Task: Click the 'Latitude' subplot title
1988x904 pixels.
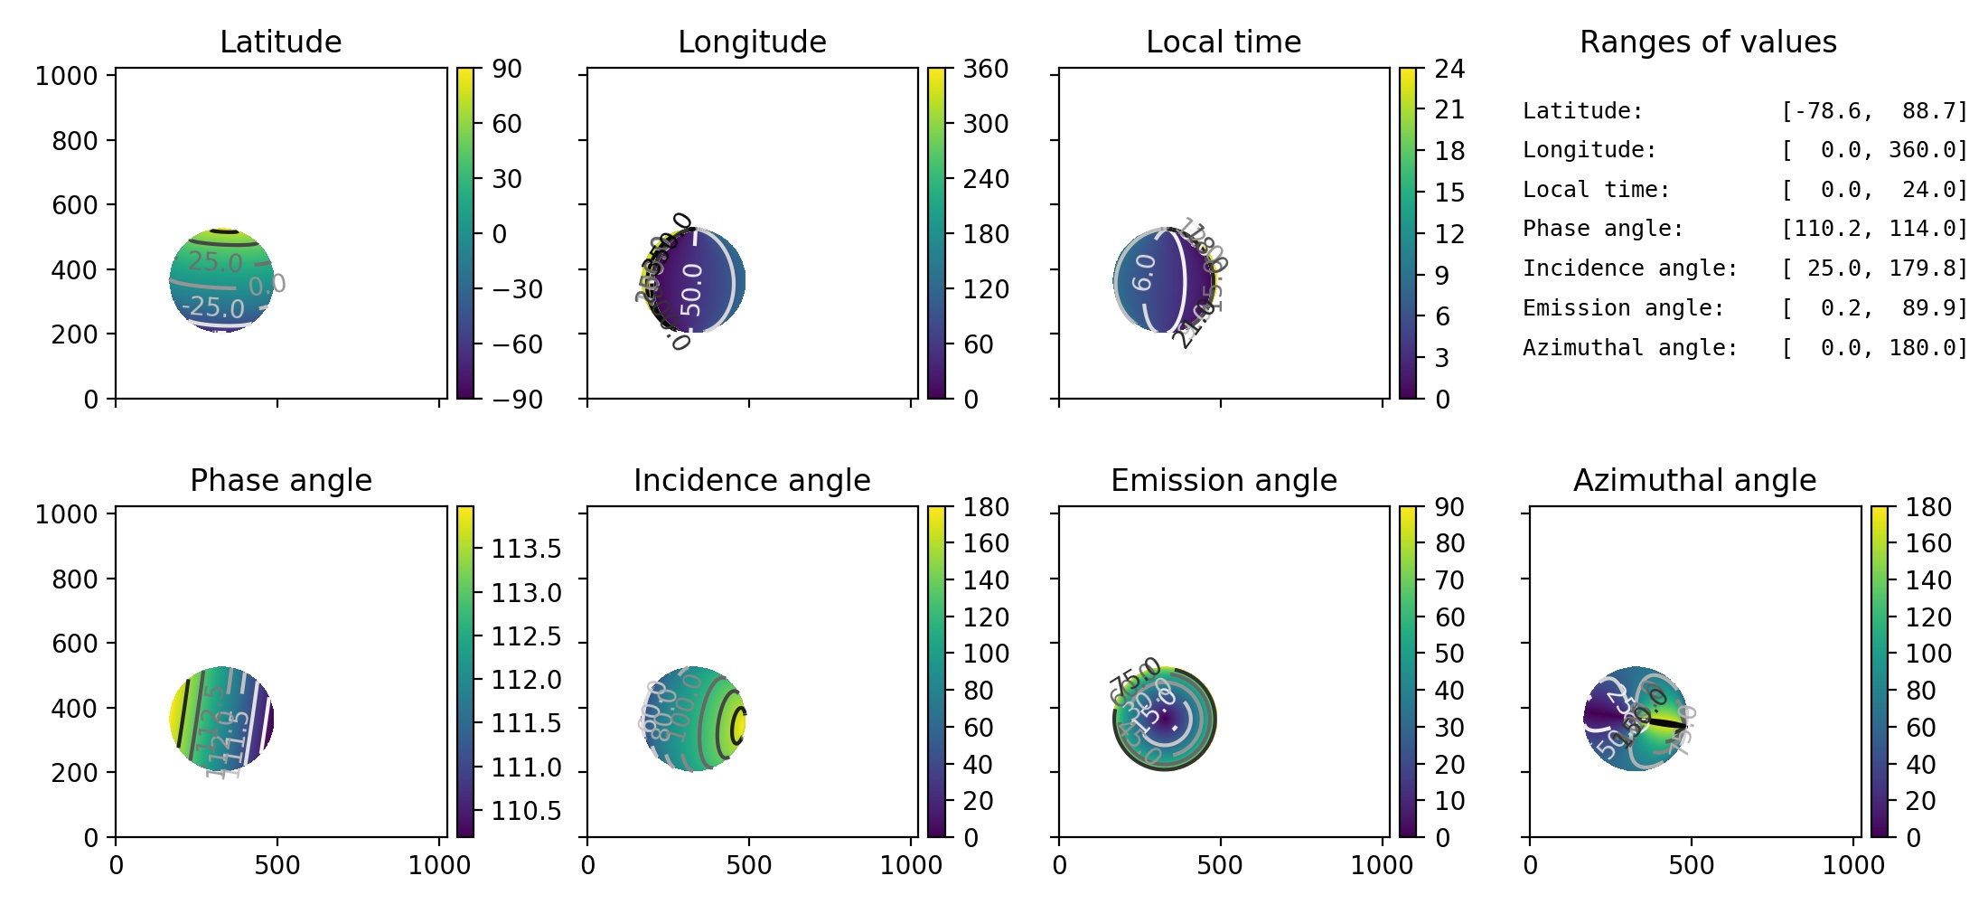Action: [280, 42]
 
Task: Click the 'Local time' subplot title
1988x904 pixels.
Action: [1223, 42]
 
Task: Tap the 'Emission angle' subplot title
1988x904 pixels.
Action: [1223, 480]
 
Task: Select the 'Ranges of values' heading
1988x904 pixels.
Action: [1707, 42]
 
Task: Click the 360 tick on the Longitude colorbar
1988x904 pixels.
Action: [985, 69]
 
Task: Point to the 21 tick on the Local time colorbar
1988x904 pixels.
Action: [1449, 109]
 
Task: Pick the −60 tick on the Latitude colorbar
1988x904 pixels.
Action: [517, 344]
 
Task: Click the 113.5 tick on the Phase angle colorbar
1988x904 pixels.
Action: [526, 549]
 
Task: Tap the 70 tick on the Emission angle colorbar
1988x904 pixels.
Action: [1449, 580]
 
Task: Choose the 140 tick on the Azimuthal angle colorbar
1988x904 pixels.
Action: [1928, 580]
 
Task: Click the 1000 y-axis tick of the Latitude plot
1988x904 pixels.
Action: [66, 76]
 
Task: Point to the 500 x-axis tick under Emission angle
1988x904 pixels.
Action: [1220, 865]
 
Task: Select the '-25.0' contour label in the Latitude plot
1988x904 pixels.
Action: [213, 307]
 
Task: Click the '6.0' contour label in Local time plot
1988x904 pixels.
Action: [1144, 272]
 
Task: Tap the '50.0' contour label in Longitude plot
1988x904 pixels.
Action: [691, 289]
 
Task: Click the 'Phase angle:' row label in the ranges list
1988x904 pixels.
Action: [1603, 229]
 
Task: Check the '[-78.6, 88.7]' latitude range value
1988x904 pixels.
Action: [1874, 111]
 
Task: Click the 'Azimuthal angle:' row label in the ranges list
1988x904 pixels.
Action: [1630, 348]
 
